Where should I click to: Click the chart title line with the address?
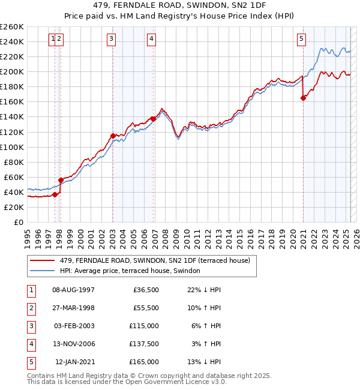180,5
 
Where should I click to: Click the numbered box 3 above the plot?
112,40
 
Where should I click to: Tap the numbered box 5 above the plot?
301,40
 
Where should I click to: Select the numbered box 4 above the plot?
152,40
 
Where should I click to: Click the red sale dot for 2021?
304,98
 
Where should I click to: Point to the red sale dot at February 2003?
113,136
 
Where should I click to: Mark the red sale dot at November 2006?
154,119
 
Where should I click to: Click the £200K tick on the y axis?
12,71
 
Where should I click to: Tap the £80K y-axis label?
14,162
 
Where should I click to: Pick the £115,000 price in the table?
145,326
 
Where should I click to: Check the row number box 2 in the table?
31,308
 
